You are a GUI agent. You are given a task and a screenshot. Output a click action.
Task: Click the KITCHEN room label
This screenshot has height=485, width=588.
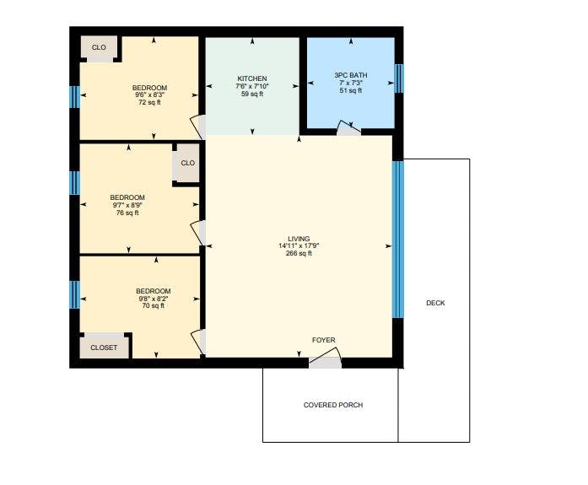click(252, 78)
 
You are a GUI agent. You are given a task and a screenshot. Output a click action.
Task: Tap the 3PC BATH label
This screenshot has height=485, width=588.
click(351, 75)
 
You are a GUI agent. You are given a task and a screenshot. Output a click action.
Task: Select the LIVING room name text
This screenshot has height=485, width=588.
click(299, 239)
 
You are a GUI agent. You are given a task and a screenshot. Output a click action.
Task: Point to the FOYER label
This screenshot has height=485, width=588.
click(324, 340)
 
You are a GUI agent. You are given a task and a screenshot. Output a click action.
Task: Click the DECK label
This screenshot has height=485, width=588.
click(435, 303)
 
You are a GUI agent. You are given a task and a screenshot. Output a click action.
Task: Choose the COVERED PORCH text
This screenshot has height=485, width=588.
click(333, 405)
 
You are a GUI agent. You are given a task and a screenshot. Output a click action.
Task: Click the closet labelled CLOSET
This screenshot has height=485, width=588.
click(104, 348)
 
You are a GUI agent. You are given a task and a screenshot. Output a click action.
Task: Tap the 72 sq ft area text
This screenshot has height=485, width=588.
click(149, 102)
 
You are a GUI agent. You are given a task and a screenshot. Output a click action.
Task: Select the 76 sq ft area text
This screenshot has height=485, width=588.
click(127, 213)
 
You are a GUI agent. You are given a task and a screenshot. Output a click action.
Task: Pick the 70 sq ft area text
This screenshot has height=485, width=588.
click(153, 305)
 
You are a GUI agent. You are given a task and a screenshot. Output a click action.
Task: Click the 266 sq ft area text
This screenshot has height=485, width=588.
click(299, 253)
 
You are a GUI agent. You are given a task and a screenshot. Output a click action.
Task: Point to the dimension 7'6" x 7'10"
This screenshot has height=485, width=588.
click(252, 86)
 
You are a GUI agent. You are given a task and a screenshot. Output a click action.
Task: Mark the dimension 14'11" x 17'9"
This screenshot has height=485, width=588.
click(299, 245)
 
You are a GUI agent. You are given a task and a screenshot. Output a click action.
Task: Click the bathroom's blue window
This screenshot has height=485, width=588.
click(399, 78)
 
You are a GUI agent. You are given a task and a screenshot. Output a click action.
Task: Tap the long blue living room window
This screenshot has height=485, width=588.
click(398, 240)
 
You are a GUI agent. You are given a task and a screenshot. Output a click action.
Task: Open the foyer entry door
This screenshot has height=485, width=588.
click(325, 358)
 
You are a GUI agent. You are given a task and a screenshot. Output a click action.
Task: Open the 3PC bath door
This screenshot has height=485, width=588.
click(348, 128)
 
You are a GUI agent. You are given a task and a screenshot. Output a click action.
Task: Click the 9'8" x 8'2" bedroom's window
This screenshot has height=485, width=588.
click(74, 294)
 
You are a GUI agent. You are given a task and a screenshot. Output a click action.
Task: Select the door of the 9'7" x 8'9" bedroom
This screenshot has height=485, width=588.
click(198, 233)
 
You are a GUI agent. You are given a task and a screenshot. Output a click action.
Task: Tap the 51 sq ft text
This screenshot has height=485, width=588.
click(351, 90)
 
